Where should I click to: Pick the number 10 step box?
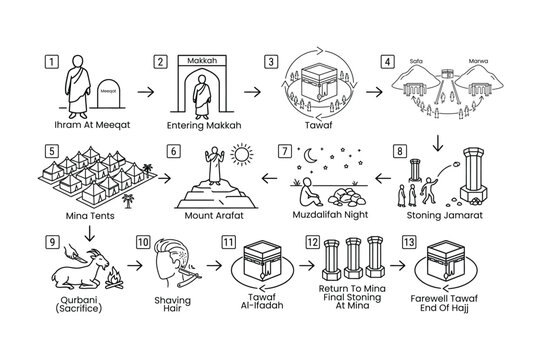(144, 241)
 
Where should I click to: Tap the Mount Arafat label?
(214, 214)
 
